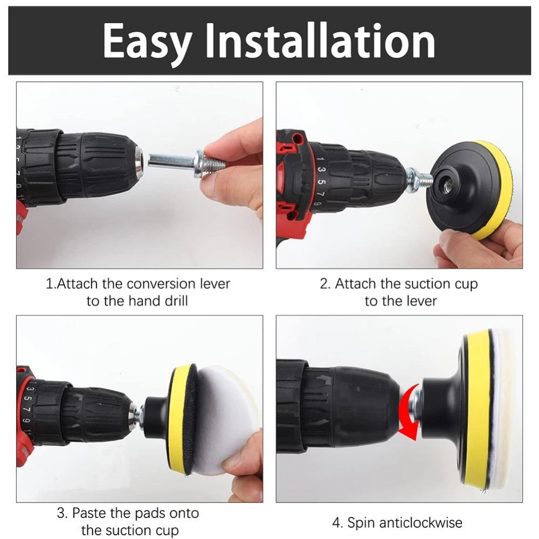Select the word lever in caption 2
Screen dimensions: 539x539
418,301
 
